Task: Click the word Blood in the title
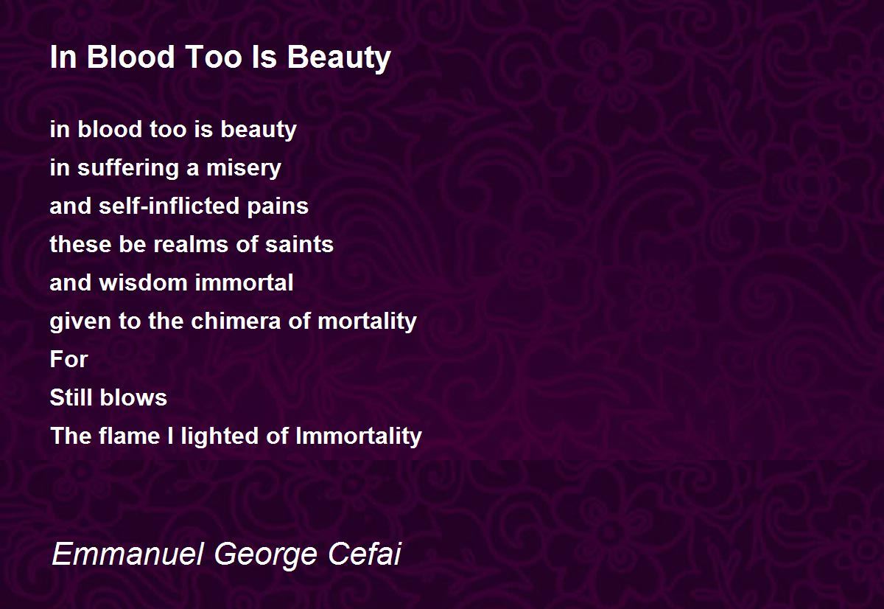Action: coord(130,57)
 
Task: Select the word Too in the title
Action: coord(214,57)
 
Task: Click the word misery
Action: coord(244,169)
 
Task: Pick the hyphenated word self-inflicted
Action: coord(169,206)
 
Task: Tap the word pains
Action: coord(278,207)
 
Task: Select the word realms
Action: coord(191,244)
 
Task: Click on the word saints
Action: coord(299,244)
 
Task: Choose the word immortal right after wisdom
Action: coord(244,282)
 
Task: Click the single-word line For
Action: coord(69,359)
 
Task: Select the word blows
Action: coord(133,397)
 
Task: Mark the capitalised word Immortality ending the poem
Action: coord(359,436)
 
